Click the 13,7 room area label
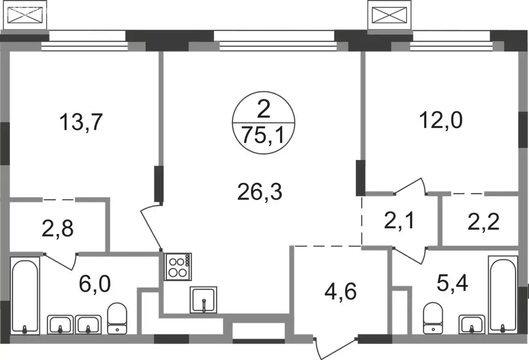tap(81, 122)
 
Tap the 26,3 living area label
tap(259, 192)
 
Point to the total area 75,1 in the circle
tap(264, 137)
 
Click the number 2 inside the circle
tap(263, 110)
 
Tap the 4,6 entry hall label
tap(340, 291)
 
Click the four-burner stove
tap(178, 267)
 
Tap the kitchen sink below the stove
tap(204, 300)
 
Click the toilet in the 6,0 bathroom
tap(117, 318)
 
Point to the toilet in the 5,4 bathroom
tap(433, 318)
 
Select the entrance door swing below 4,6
tap(336, 347)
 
